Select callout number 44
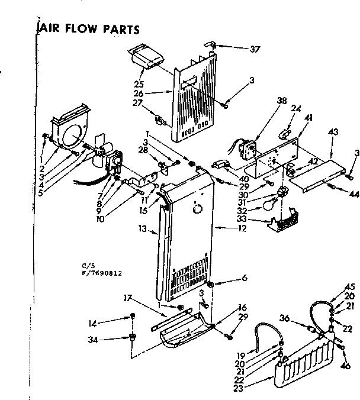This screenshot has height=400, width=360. (354, 193)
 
